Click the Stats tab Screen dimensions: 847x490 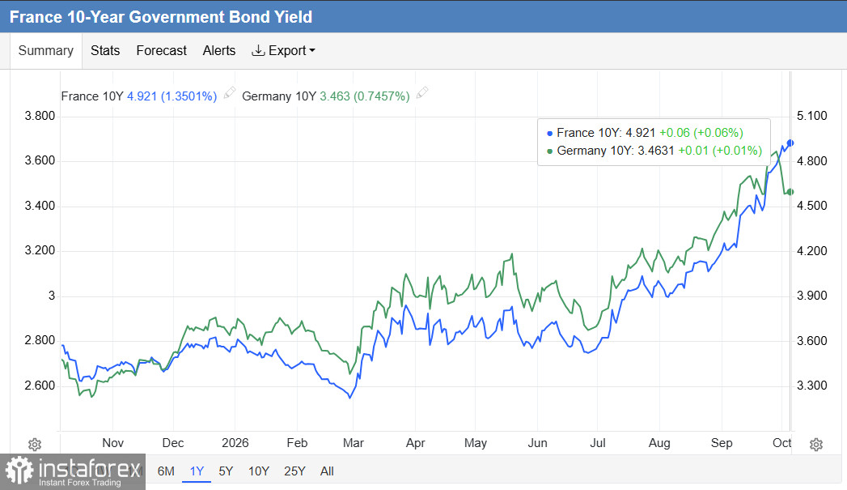105,51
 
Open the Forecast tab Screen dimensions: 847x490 161,51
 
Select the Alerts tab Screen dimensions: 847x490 218,51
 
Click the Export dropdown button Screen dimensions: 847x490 284,51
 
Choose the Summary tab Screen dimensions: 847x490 46,51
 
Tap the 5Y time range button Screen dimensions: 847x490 226,471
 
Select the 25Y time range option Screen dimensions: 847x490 294,471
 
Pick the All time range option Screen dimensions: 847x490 327,471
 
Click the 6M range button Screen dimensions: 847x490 166,471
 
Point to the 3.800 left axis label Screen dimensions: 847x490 40,116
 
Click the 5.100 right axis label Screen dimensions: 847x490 812,116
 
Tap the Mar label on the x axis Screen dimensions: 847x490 354,443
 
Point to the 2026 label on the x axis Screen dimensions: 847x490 235,443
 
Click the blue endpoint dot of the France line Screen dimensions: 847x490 790,143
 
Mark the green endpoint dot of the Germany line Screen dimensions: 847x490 790,192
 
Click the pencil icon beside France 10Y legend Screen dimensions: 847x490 230,92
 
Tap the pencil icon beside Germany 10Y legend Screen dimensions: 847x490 422,92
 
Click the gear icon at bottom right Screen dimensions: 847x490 816,445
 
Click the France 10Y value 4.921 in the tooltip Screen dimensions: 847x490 641,133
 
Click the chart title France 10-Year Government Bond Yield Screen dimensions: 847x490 161,17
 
